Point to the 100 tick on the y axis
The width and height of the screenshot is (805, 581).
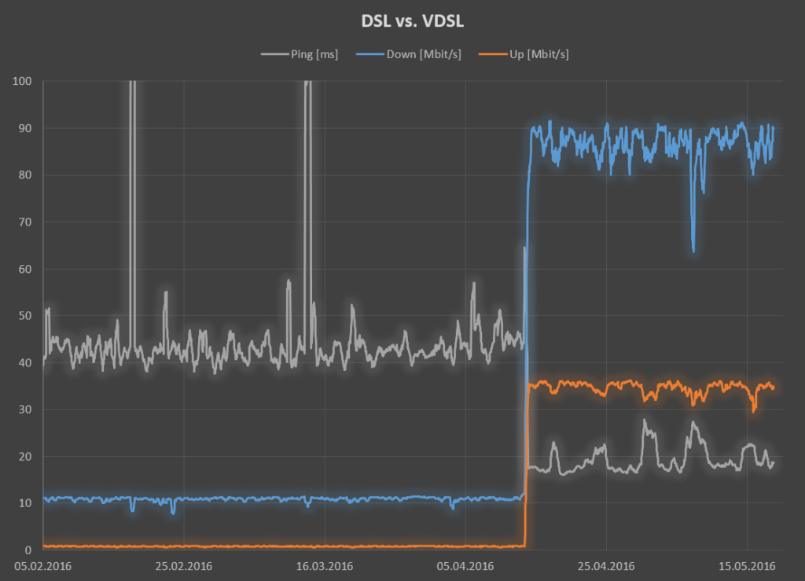tap(22, 81)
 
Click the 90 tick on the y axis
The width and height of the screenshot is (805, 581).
tap(24, 128)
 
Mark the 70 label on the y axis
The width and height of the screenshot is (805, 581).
tap(24, 222)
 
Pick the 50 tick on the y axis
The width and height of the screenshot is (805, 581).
tap(24, 316)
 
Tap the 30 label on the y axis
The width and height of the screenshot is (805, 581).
tap(24, 410)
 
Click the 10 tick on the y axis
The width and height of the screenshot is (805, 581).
tap(24, 503)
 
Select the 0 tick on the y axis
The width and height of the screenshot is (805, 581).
tap(28, 550)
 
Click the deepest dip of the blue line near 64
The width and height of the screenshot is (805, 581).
tap(693, 250)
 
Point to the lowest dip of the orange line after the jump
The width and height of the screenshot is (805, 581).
tap(754, 410)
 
